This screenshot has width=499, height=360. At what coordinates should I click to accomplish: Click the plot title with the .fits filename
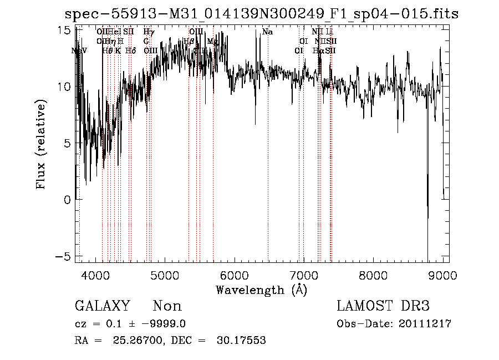click(261, 13)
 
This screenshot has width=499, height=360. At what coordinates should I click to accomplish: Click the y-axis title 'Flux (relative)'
click(40, 144)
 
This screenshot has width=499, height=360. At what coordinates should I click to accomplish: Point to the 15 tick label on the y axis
click(64, 30)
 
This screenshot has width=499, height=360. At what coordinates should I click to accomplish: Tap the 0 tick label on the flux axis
click(68, 200)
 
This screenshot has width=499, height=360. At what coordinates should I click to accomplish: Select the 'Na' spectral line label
click(267, 32)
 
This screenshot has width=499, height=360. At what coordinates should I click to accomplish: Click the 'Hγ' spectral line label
click(149, 32)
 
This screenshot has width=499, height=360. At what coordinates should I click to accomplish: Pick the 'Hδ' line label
click(130, 50)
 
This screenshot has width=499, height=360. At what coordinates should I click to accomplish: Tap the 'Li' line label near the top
click(329, 32)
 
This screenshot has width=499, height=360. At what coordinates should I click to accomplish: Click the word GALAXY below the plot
click(102, 306)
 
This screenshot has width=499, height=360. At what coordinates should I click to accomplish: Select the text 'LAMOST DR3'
click(383, 306)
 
